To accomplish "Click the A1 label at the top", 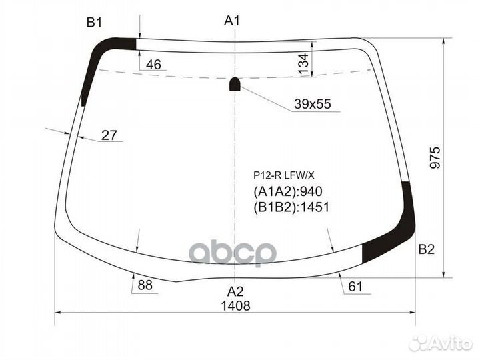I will pyautogui.click(x=231, y=21).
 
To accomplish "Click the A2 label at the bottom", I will pyautogui.click(x=235, y=291).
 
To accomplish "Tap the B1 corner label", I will pyautogui.click(x=93, y=23).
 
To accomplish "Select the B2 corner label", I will pyautogui.click(x=427, y=249).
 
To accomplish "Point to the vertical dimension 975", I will pyautogui.click(x=435, y=157).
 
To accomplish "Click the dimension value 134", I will pyautogui.click(x=303, y=64).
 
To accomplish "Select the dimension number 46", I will pyautogui.click(x=153, y=65).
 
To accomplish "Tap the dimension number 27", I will pyautogui.click(x=109, y=135).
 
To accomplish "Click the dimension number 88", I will pyautogui.click(x=145, y=285).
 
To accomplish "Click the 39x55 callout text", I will pyautogui.click(x=313, y=104).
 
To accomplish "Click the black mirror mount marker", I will pyautogui.click(x=235, y=84).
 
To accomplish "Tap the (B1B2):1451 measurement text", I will pyautogui.click(x=291, y=207).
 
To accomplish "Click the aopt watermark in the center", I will pyautogui.click(x=233, y=253).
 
